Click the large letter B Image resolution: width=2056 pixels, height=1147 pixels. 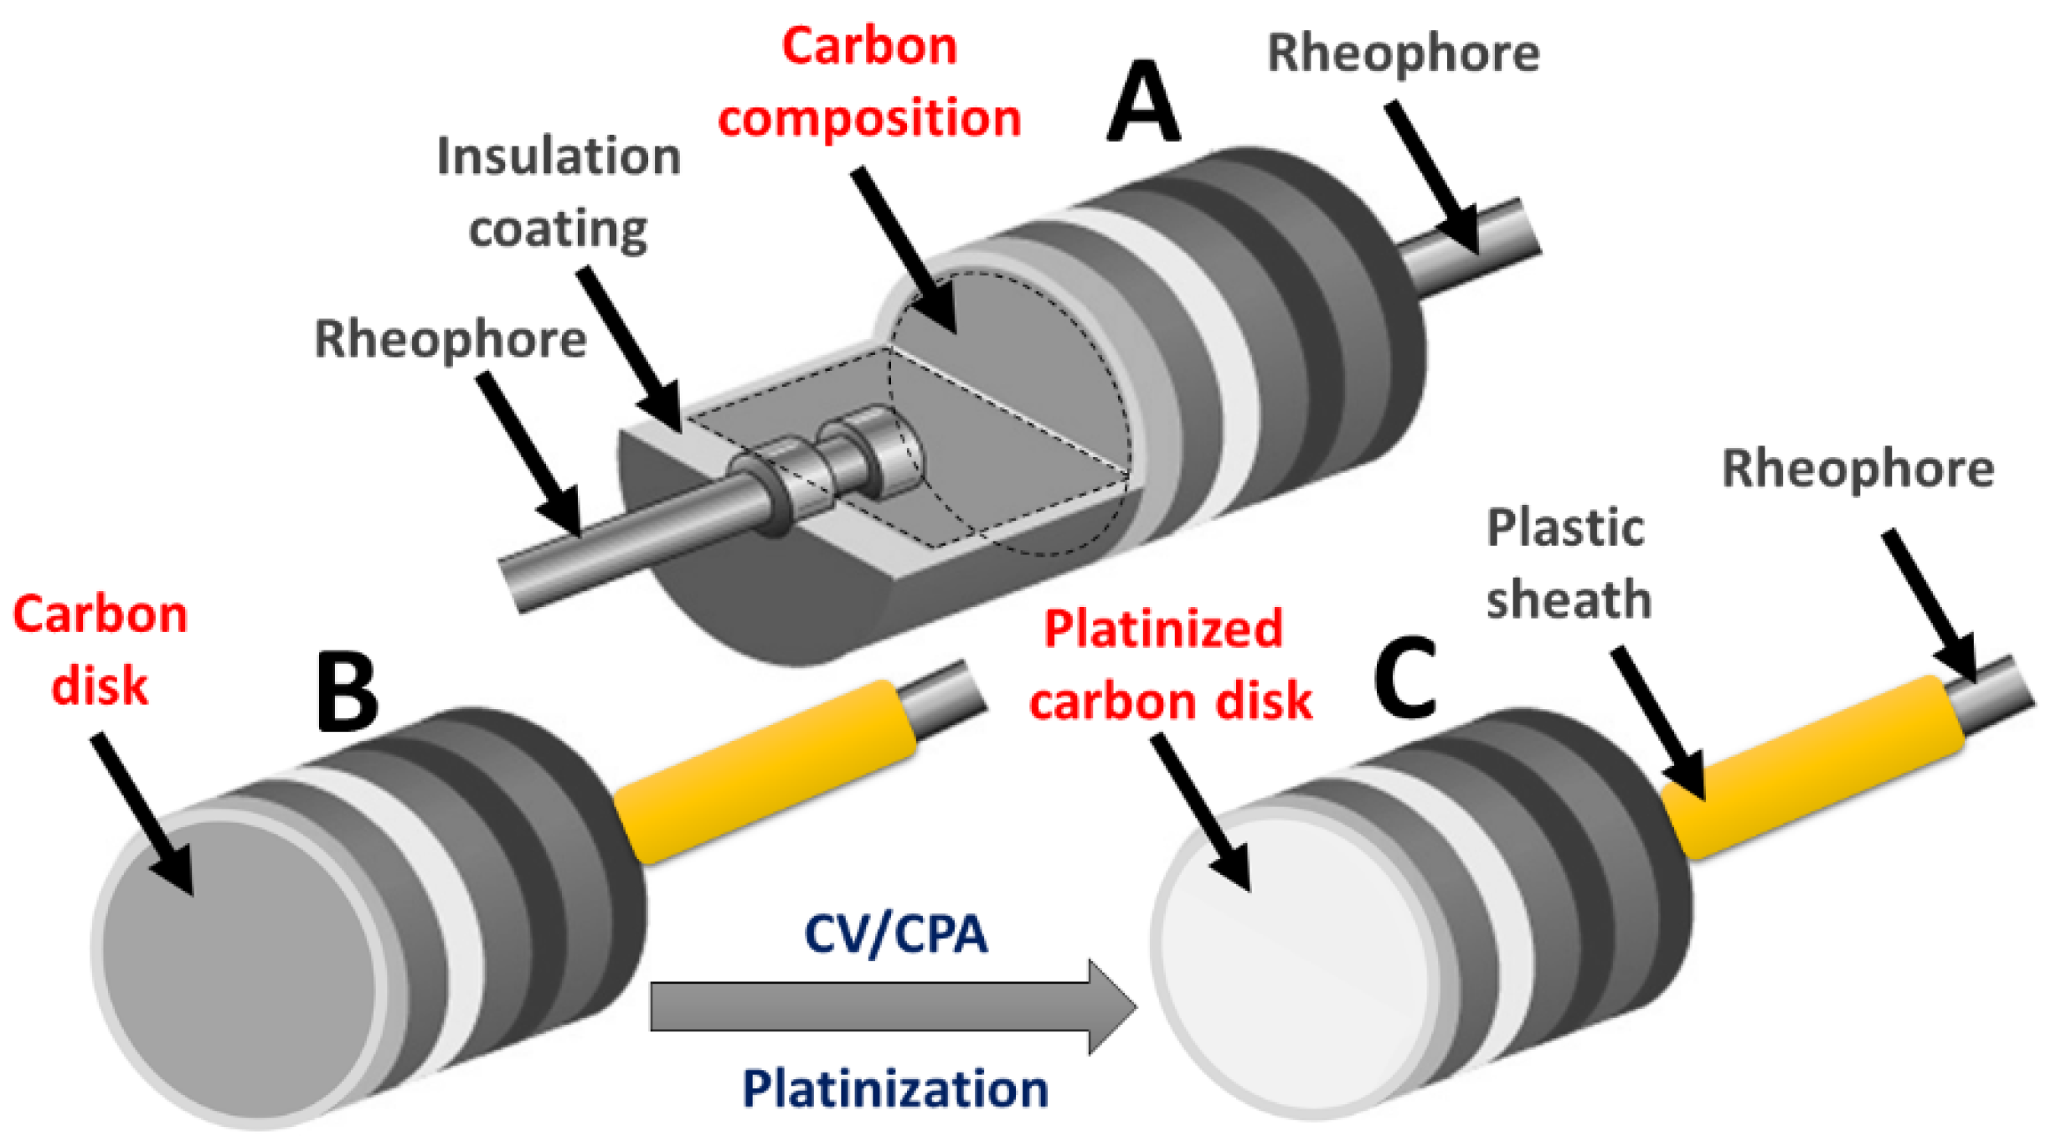[347, 693]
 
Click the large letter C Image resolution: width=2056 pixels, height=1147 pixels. [1406, 678]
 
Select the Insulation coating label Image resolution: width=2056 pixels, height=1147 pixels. [559, 193]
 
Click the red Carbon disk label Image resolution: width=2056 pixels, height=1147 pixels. [100, 650]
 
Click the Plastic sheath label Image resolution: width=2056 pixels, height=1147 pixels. [1568, 564]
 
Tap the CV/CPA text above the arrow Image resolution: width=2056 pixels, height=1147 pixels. [895, 934]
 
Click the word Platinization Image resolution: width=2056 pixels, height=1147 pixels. [895, 1089]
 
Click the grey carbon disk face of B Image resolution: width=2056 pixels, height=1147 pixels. [243, 971]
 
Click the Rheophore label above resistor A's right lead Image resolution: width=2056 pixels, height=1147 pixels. [1403, 54]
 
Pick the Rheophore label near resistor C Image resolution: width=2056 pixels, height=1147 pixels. [1858, 469]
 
